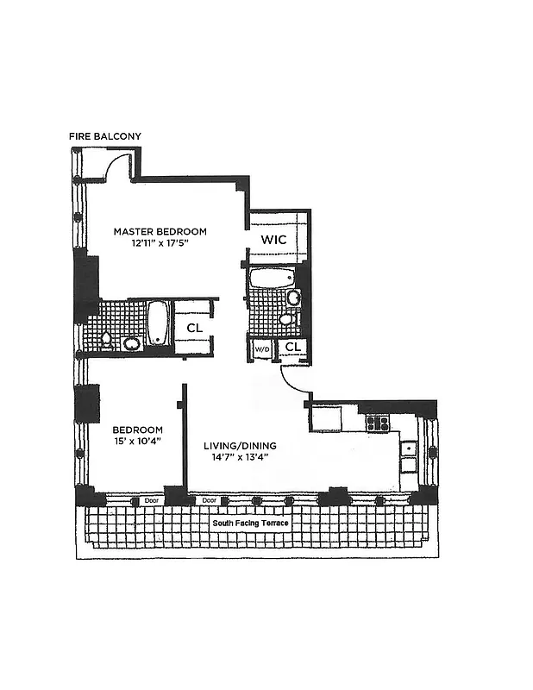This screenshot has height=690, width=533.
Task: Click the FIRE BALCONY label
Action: tap(105, 136)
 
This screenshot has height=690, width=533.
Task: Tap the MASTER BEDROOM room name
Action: tap(161, 231)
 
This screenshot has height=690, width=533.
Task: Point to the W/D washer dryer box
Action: tap(261, 348)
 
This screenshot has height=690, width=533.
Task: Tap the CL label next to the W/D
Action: tap(293, 347)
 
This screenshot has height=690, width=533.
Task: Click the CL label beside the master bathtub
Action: tap(194, 328)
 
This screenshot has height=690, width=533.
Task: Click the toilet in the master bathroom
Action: tap(107, 339)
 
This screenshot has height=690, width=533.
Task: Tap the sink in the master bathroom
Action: tap(132, 343)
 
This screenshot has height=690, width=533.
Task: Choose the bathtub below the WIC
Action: tap(270, 278)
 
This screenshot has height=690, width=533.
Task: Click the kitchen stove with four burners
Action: tap(378, 423)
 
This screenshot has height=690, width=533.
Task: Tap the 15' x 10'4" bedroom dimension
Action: tap(136, 442)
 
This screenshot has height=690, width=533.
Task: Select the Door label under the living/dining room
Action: tap(208, 500)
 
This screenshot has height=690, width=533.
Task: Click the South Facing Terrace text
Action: tap(251, 524)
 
